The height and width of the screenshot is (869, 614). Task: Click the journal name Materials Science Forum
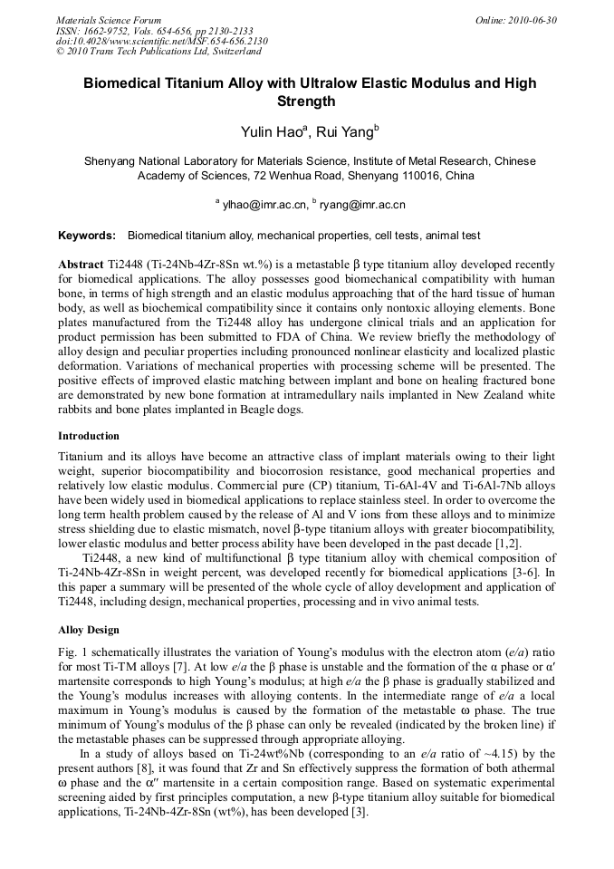(x=109, y=19)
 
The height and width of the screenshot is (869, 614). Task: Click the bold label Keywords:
(x=87, y=236)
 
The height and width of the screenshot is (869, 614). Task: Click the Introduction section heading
(x=89, y=436)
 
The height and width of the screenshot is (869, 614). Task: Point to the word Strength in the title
(x=306, y=101)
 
